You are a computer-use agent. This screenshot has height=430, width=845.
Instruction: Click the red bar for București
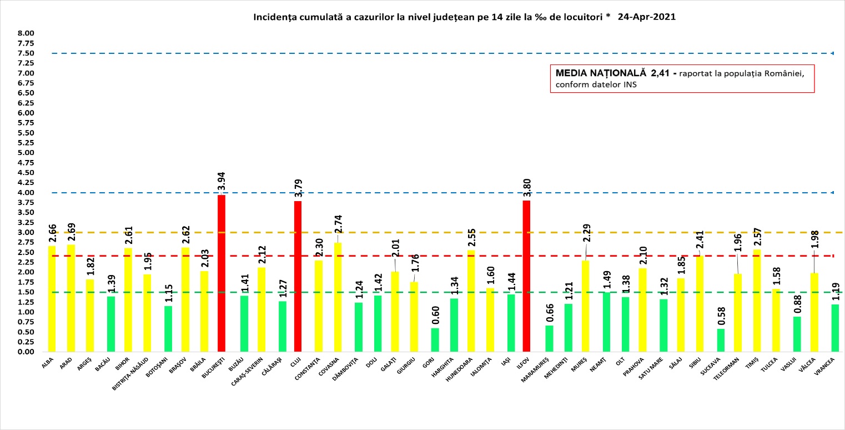(222, 273)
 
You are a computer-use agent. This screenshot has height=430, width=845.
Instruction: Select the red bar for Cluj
(298, 276)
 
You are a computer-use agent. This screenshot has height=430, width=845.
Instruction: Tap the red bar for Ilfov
(526, 276)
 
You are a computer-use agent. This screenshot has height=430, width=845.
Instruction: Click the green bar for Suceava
(721, 340)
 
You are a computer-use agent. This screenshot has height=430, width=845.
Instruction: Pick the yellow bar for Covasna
(338, 297)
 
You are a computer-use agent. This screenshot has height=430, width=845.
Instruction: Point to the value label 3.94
(222, 181)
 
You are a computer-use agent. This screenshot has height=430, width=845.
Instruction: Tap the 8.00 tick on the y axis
(26, 33)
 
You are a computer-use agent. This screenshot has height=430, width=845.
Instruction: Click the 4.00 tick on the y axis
(26, 193)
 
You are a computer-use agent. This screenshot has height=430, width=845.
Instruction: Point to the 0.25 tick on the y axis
(26, 342)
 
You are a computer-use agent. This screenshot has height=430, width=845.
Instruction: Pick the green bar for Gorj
(435, 340)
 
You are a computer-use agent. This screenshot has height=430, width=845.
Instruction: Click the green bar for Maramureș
(549, 339)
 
